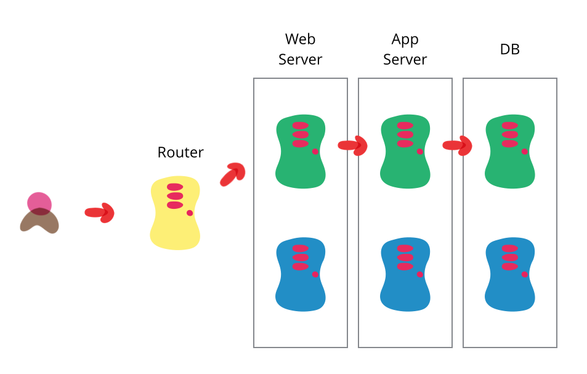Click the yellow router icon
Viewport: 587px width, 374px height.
click(x=175, y=213)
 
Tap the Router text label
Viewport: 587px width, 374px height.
click(x=180, y=152)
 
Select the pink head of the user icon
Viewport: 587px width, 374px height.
click(x=39, y=202)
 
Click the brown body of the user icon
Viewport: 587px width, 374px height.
click(x=39, y=222)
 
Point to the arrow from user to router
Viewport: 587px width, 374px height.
click(x=100, y=213)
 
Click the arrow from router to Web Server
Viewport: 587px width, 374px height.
click(x=233, y=174)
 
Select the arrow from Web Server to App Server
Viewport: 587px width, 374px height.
click(x=353, y=145)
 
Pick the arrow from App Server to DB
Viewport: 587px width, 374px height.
click(x=458, y=145)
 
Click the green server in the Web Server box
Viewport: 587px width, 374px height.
click(x=301, y=152)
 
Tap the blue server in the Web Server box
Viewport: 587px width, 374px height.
click(x=301, y=274)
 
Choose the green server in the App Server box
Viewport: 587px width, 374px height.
click(x=405, y=152)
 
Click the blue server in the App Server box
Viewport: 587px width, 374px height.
click(x=405, y=274)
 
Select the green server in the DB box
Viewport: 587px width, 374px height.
click(x=510, y=152)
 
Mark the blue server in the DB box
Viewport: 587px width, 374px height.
click(x=510, y=274)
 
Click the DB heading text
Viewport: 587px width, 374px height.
click(x=510, y=50)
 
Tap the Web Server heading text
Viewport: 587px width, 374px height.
click(x=301, y=49)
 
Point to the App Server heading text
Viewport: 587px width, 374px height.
click(x=405, y=49)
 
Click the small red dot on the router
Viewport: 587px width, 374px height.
click(x=190, y=213)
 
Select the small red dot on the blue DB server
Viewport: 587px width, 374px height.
click(x=525, y=274)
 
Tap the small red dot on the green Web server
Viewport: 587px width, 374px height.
click(x=315, y=152)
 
